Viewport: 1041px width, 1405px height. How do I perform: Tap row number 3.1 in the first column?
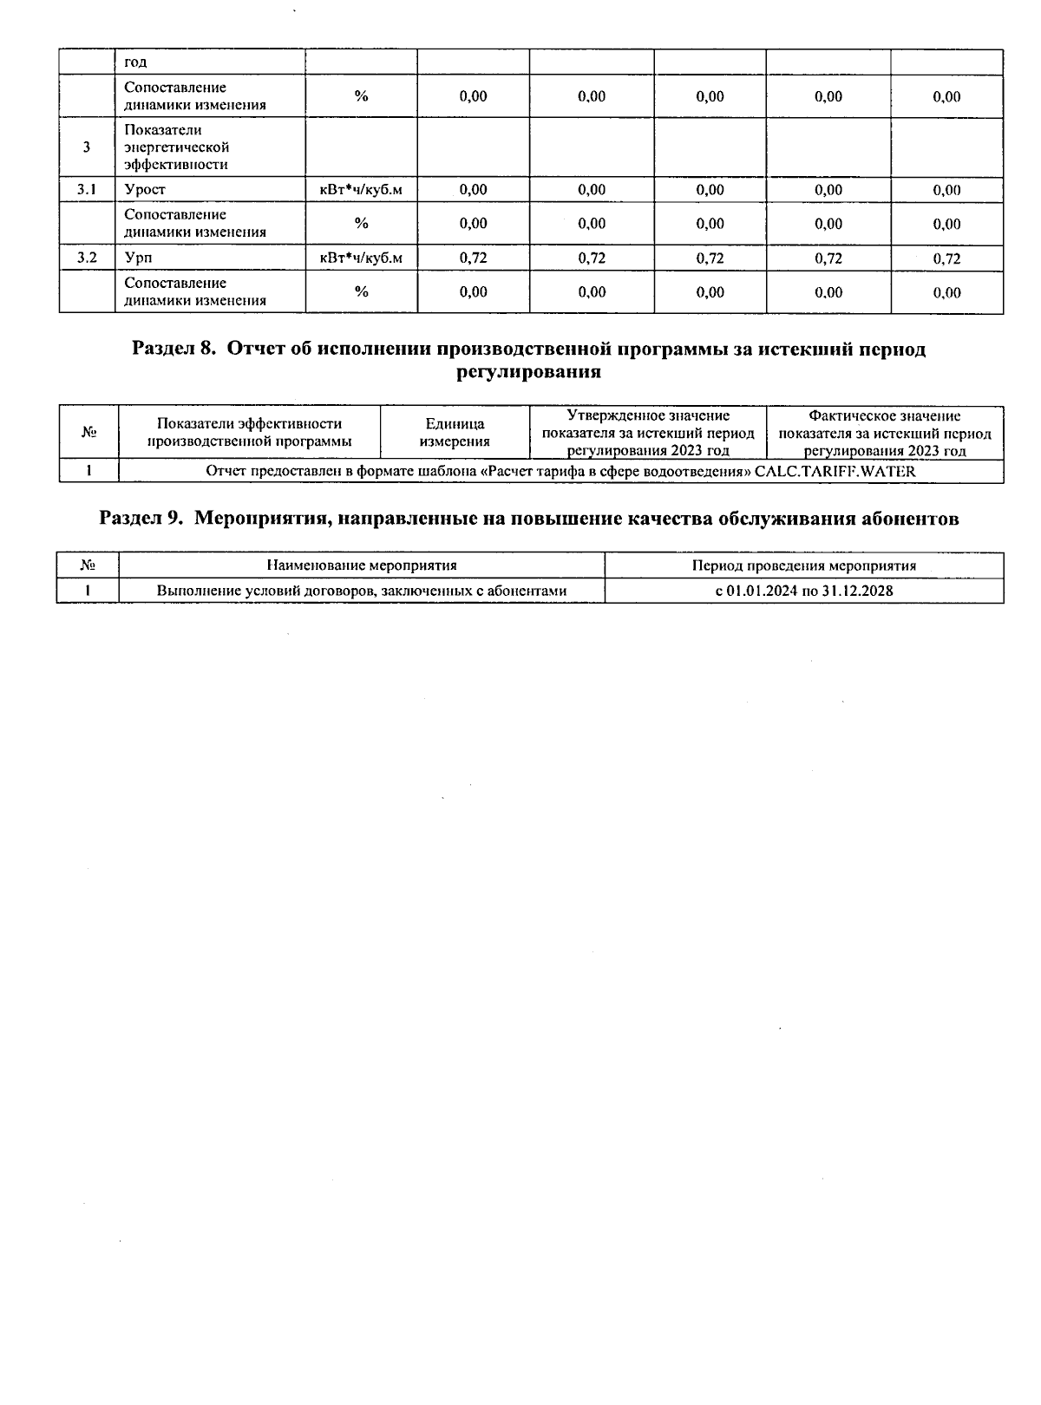tap(87, 190)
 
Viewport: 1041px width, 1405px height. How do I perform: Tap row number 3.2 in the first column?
tap(87, 258)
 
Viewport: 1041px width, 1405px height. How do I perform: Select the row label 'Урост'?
tap(145, 190)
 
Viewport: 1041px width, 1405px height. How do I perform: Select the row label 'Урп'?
tap(138, 258)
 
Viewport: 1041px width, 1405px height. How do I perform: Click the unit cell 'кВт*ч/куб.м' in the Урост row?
tap(361, 190)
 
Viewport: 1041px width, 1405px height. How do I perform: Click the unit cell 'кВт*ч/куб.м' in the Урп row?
tap(361, 258)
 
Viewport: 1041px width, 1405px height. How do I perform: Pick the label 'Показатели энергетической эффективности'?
tap(176, 147)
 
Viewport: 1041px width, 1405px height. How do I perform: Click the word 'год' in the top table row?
tap(135, 62)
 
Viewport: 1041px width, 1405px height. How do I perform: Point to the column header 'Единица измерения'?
tap(455, 433)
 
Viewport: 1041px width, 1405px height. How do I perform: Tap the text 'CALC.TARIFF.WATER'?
tap(835, 472)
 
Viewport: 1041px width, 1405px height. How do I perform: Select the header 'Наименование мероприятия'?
tap(362, 565)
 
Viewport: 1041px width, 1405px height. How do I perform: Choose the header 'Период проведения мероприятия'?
tap(804, 565)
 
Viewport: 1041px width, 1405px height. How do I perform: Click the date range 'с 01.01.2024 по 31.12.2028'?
tap(804, 591)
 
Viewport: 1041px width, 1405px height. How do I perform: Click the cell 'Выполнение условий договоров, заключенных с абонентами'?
tap(362, 591)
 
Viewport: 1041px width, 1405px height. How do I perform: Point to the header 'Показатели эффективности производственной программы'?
tap(249, 433)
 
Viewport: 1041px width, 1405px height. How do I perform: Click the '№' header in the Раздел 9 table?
tap(87, 565)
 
